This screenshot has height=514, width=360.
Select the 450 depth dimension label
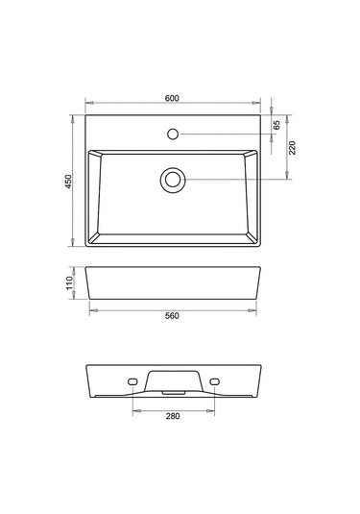(68, 183)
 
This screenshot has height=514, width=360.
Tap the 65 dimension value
(276, 125)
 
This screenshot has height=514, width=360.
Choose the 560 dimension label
(173, 316)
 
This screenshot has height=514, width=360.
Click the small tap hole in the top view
(173, 134)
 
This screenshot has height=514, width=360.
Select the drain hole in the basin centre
(173, 179)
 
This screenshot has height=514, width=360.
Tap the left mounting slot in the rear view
(132, 381)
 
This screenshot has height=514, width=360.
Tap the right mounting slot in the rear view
(214, 381)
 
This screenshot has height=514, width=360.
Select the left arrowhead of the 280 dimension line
(134, 410)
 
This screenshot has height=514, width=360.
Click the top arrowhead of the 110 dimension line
(75, 266)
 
